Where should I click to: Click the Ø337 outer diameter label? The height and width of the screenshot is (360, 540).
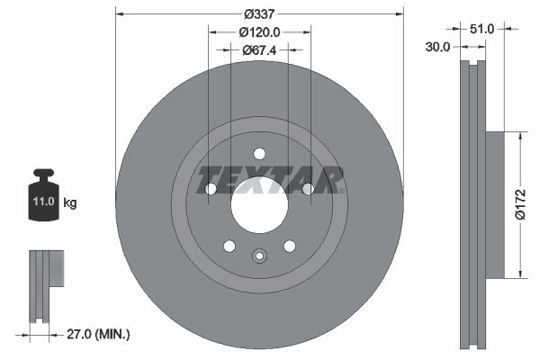click(259, 13)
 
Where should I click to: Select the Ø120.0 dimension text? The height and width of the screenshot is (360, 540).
click(259, 31)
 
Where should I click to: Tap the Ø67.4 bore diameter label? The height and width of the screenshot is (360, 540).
click(259, 49)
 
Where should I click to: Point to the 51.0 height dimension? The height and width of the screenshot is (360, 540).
click(482, 29)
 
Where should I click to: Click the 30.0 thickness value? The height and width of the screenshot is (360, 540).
click(439, 48)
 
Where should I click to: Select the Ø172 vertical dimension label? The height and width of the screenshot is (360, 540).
click(519, 203)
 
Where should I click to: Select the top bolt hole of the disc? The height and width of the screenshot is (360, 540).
click(259, 154)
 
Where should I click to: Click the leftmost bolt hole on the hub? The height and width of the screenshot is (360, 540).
click(211, 189)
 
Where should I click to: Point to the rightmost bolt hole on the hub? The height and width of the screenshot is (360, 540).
click(308, 189)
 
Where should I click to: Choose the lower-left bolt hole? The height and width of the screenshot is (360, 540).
click(229, 246)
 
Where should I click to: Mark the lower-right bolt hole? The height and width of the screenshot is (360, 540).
click(289, 246)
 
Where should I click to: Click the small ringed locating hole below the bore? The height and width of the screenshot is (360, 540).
click(259, 256)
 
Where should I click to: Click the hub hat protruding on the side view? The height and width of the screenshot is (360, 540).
click(496, 203)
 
